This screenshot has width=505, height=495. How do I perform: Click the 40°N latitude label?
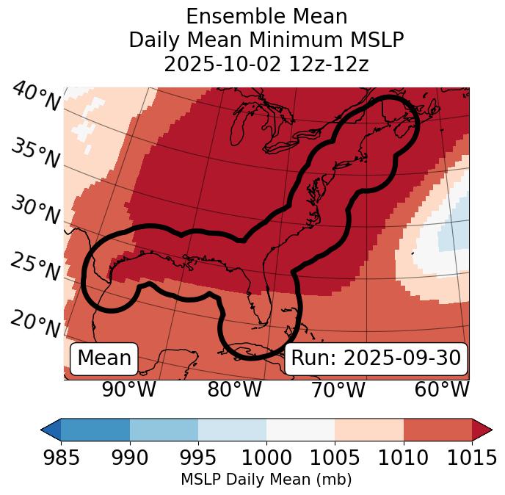pos(36,97)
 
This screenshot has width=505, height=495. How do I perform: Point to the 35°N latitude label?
pos(36,154)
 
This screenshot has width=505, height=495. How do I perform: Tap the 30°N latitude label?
pos(36,211)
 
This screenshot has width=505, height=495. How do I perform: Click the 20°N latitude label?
pos(36,323)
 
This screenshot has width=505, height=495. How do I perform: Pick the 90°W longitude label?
pos(128,390)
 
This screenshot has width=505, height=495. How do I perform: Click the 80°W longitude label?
pos(234,390)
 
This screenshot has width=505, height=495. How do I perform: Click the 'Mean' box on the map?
pos(104,358)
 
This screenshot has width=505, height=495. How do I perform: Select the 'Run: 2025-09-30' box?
pos(376,358)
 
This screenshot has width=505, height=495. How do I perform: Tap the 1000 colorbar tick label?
pos(266,458)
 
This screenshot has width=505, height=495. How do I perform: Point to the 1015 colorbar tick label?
pos(472,458)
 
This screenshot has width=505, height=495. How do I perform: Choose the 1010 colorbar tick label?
pos(403,458)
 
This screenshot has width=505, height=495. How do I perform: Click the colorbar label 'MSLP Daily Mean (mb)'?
pos(266,480)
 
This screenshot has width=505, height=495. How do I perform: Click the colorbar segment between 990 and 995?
pos(164,430)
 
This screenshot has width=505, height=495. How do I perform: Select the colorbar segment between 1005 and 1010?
pos(369,430)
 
